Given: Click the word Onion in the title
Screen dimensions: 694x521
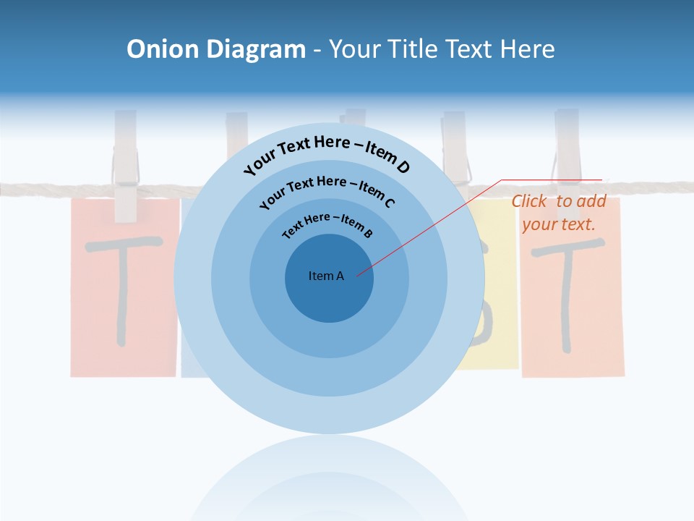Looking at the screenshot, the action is pyautogui.click(x=163, y=48).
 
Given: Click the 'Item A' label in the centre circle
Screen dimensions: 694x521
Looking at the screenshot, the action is pyautogui.click(x=326, y=276).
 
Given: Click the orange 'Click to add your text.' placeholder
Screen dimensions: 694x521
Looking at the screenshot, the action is pyautogui.click(x=559, y=213).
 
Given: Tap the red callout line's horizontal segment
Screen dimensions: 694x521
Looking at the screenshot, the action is pyautogui.click(x=552, y=180).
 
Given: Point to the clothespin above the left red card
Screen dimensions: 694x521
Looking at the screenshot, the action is pyautogui.click(x=126, y=166).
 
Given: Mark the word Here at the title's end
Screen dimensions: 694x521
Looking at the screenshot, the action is pyautogui.click(x=527, y=48).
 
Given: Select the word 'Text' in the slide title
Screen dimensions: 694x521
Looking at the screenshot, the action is pyautogui.click(x=469, y=48).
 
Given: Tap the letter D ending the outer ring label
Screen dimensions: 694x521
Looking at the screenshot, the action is pyautogui.click(x=403, y=166).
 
